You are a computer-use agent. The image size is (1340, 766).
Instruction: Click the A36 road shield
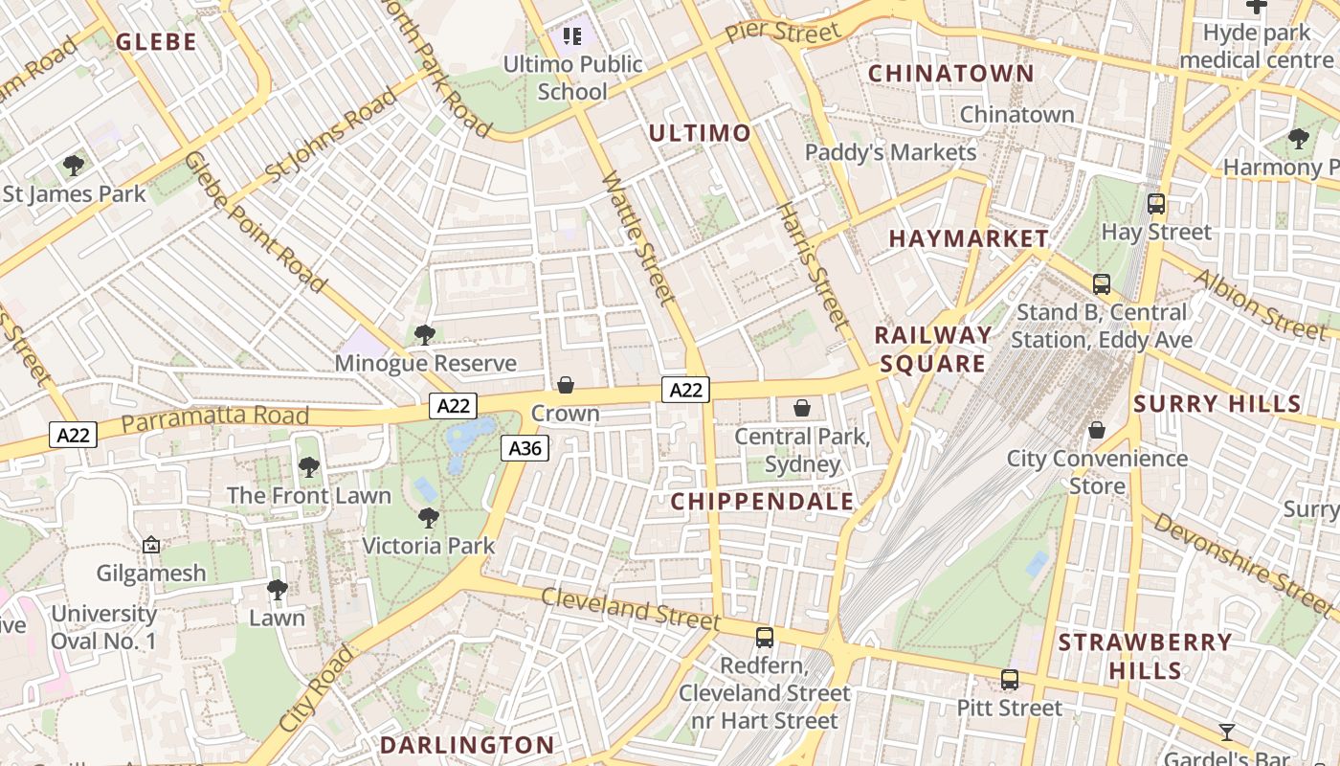tap(525, 448)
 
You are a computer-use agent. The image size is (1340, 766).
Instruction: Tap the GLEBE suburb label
tap(156, 41)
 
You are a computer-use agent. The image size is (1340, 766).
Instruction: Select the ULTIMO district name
tap(700, 133)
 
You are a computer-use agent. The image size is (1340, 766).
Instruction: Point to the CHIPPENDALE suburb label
tap(762, 502)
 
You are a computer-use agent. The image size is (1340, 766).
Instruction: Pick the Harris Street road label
tap(813, 265)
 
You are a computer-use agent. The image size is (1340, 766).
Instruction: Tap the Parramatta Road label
tap(215, 417)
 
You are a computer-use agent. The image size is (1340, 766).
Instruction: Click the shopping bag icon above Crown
tap(566, 385)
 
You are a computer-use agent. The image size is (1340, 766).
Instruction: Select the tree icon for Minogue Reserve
tap(425, 335)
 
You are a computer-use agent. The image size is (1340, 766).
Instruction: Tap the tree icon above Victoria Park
tap(429, 518)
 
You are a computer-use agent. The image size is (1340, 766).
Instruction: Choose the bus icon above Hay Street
tap(1156, 204)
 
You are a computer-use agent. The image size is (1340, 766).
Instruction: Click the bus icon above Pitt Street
tap(1010, 680)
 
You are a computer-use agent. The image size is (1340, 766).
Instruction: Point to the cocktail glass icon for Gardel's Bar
tap(1227, 732)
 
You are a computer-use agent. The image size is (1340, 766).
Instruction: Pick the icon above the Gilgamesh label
tap(151, 545)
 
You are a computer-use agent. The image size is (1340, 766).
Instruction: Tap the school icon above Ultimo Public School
tap(572, 37)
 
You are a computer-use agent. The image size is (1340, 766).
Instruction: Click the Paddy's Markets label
tap(890, 152)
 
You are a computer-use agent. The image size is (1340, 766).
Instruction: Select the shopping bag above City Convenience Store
tap(1097, 430)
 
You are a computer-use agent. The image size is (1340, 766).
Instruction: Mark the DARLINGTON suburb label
tap(467, 745)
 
